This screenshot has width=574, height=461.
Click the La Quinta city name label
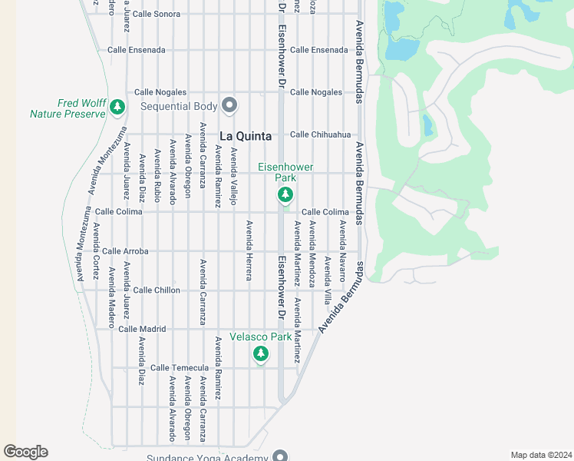click(246, 135)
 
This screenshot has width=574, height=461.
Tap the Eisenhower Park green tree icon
click(285, 195)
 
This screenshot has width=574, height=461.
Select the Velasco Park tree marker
click(261, 353)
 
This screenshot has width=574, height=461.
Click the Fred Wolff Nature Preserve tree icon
click(117, 107)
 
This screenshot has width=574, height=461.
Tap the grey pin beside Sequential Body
click(229, 104)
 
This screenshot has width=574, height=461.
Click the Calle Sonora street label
click(157, 14)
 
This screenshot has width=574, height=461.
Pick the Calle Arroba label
click(125, 251)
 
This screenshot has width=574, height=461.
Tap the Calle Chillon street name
click(157, 290)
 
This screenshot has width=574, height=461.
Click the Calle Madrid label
click(142, 329)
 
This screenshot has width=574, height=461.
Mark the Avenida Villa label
click(327, 280)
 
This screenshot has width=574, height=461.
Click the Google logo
click(25, 452)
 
